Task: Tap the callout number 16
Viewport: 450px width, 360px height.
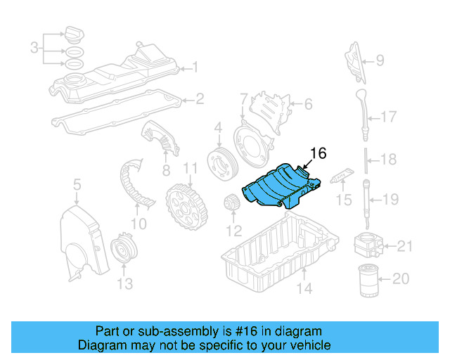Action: (318, 153)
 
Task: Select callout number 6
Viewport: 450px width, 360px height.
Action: (307, 105)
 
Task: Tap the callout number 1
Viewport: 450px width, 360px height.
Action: (195, 69)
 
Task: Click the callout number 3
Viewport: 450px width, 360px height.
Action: (34, 48)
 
